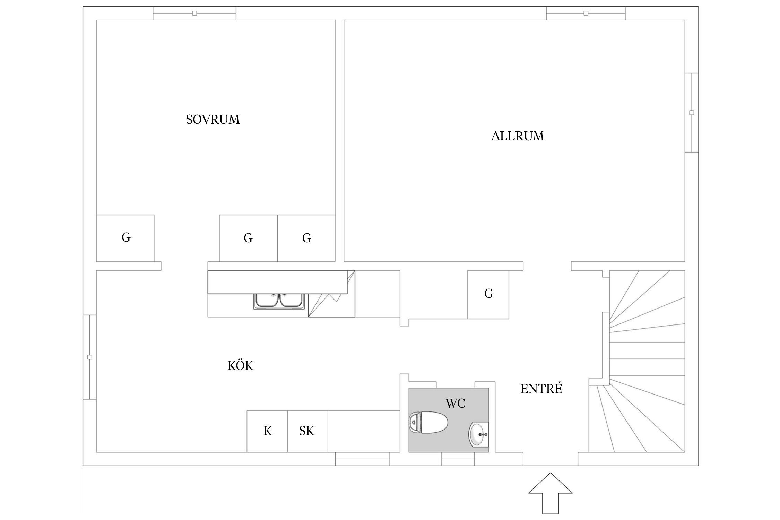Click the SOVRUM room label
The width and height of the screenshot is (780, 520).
click(213, 120)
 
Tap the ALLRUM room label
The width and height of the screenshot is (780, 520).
click(517, 136)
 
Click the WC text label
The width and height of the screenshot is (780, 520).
click(455, 403)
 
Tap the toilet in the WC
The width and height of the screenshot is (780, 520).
click(428, 422)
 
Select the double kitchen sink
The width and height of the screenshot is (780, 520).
click(279, 300)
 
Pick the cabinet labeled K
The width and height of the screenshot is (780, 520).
click(267, 431)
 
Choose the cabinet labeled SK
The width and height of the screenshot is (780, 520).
click(307, 431)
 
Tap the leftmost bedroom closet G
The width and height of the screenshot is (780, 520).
click(125, 238)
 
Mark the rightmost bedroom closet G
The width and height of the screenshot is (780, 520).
click(306, 238)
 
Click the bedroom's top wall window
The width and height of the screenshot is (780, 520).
click(194, 13)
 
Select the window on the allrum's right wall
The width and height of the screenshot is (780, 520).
click(692, 113)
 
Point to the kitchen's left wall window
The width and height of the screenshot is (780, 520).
click(89, 357)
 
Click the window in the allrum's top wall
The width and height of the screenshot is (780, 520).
click(586, 13)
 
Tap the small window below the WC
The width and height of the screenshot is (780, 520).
click(458, 459)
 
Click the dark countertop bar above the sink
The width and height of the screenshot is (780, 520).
click(277, 282)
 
